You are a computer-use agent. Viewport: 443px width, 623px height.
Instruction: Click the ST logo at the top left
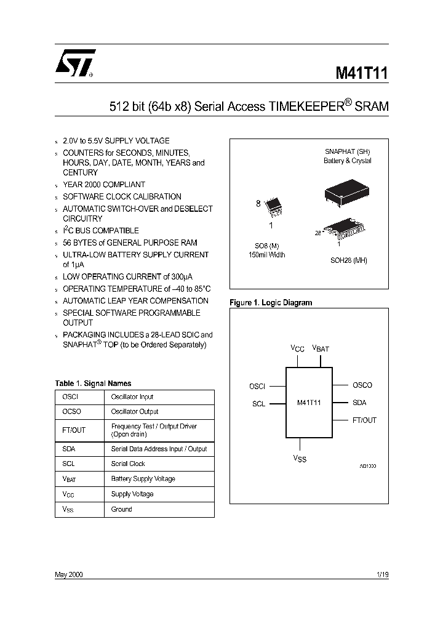(74, 63)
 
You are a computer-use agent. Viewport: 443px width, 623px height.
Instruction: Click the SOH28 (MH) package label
(348, 260)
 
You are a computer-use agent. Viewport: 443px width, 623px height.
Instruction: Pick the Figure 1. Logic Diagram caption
(271, 303)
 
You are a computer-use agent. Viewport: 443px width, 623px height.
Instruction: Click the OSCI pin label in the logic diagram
(257, 387)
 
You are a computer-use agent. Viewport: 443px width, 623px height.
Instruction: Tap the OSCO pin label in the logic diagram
(362, 385)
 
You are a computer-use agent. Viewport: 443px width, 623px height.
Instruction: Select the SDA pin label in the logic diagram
(359, 403)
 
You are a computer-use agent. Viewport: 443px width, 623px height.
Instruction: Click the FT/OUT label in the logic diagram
(364, 420)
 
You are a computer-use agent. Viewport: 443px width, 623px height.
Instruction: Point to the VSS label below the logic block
(300, 459)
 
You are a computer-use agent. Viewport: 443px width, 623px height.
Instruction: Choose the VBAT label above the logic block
(321, 348)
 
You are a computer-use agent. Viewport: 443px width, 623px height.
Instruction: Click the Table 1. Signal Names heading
(93, 384)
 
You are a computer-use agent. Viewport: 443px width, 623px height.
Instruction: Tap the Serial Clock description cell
(128, 464)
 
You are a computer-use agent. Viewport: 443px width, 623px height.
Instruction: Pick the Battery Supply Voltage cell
(143, 479)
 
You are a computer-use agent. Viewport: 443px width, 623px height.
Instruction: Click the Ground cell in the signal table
(121, 509)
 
